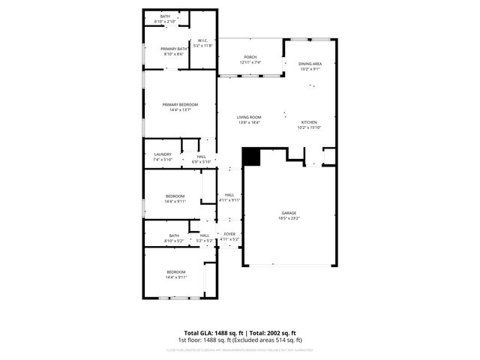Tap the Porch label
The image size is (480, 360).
tap(250, 58)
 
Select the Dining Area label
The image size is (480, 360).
tap(310, 64)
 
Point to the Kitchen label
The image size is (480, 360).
tap(310, 122)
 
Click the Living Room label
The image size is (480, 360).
tap(249, 117)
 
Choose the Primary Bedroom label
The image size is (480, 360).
tap(180, 105)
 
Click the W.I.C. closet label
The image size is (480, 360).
tap(202, 41)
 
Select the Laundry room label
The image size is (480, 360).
tap(163, 154)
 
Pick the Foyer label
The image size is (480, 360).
tap(229, 235)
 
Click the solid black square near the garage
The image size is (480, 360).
tap(250, 156)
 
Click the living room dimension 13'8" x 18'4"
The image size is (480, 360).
tap(249, 122)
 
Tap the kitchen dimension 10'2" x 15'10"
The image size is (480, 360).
tap(310, 127)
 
